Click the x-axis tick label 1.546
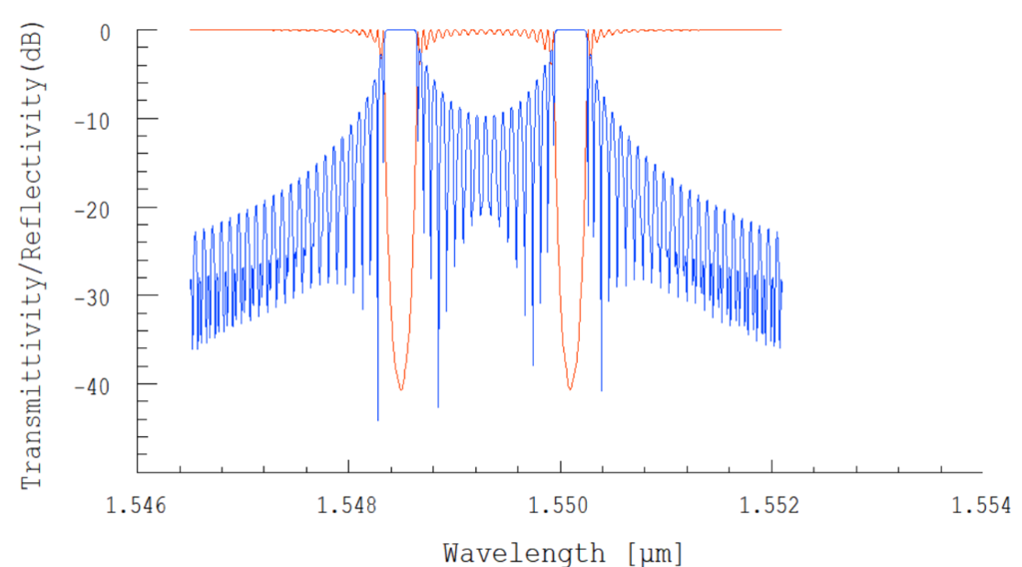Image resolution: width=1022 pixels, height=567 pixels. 137,505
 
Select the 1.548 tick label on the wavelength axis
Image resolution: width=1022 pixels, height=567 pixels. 348,505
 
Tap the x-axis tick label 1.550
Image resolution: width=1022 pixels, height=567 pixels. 560,505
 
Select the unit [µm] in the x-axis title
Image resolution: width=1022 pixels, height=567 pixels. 650,551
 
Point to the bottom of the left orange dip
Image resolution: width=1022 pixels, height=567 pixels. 401,389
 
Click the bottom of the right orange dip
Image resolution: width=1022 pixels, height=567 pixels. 570,389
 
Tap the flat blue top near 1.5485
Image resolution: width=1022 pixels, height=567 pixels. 401,31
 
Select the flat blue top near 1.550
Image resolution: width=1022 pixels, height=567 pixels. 571,31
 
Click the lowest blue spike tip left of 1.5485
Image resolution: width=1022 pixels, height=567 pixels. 378,420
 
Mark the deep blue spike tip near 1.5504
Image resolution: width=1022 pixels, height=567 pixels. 602,390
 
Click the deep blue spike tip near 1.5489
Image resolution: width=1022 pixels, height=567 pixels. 438,406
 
